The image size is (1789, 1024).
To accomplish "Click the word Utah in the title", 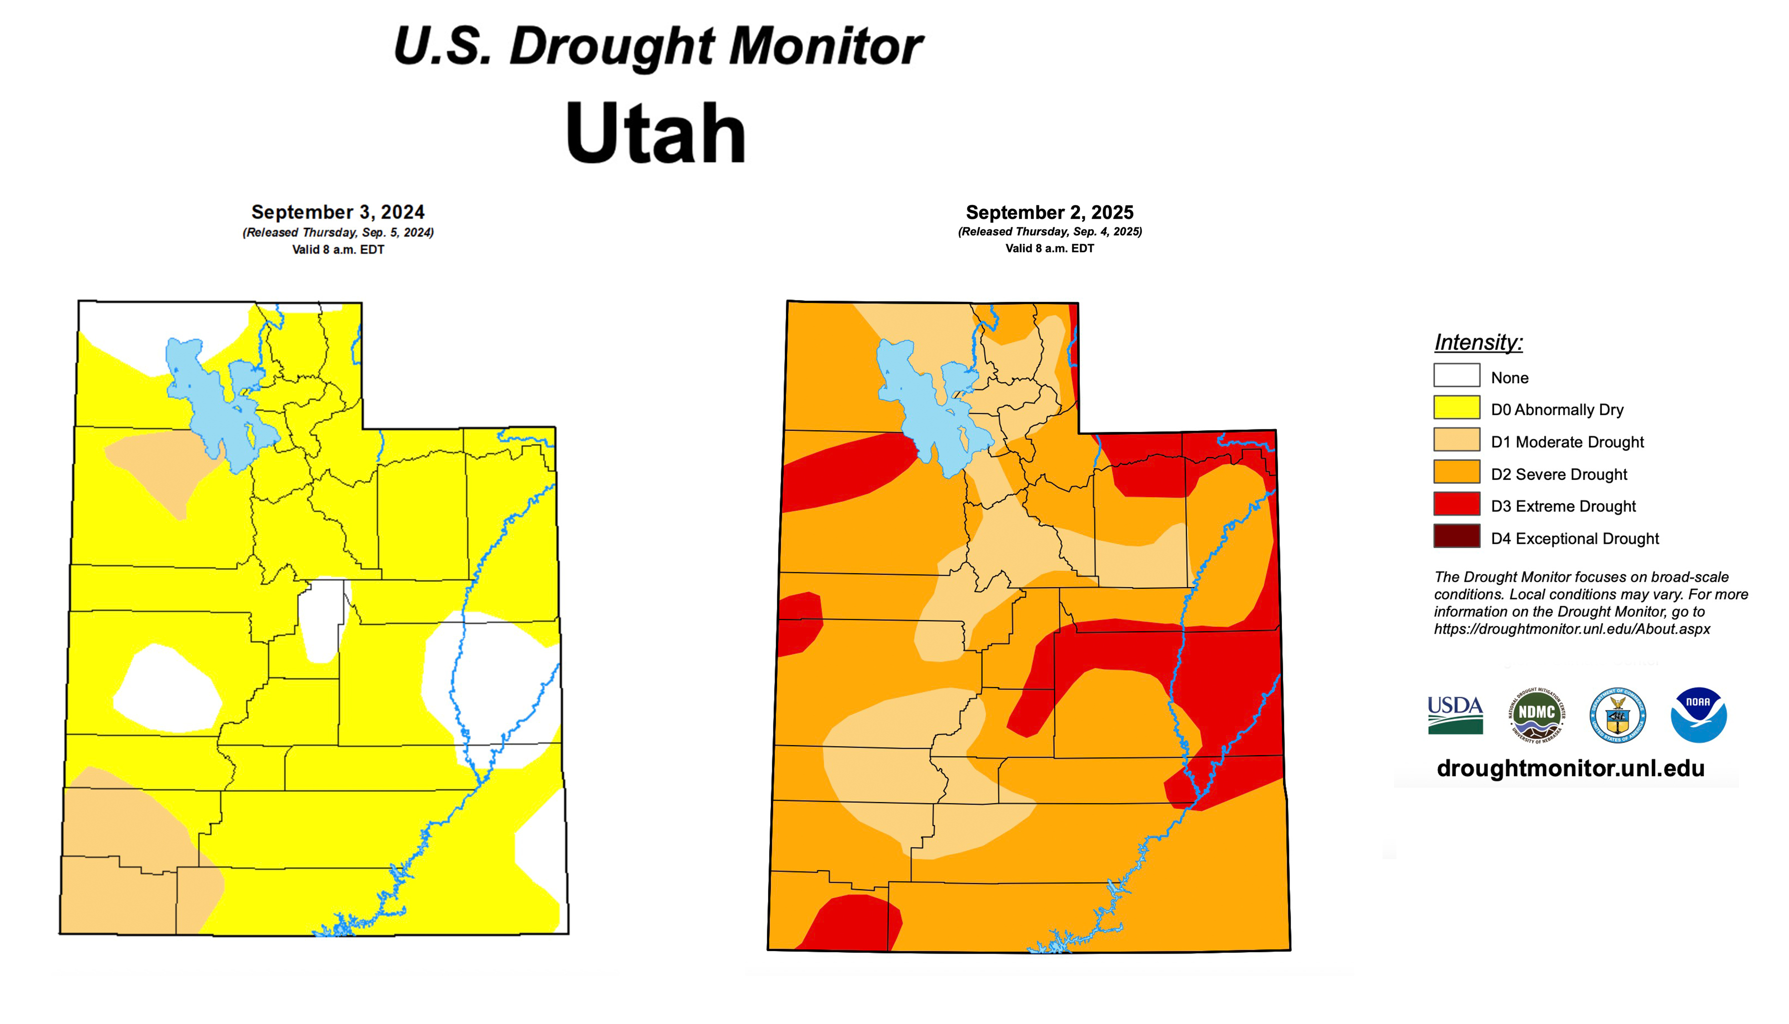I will pyautogui.click(x=655, y=133).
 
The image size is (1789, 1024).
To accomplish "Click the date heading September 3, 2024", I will pyautogui.click(x=337, y=212).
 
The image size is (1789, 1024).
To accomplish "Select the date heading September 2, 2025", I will pyautogui.click(x=1049, y=212).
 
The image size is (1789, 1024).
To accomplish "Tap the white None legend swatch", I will pyautogui.click(x=1456, y=375).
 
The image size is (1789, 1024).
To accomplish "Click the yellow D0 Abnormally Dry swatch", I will pyautogui.click(x=1456, y=408).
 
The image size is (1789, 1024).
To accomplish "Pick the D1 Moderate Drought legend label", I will pyautogui.click(x=1566, y=442).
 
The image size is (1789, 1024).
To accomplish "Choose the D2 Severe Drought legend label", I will pyautogui.click(x=1558, y=474).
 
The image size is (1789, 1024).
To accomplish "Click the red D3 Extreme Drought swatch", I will pyautogui.click(x=1456, y=504).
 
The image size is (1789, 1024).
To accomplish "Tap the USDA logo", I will pyautogui.click(x=1455, y=715).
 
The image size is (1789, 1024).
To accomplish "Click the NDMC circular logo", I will pyautogui.click(x=1536, y=715).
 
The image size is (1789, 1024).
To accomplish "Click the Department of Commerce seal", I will pyautogui.click(x=1617, y=715).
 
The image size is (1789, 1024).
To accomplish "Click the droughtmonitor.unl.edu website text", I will pyautogui.click(x=1570, y=768).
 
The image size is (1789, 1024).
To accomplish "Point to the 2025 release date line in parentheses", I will pyautogui.click(x=1049, y=231).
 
